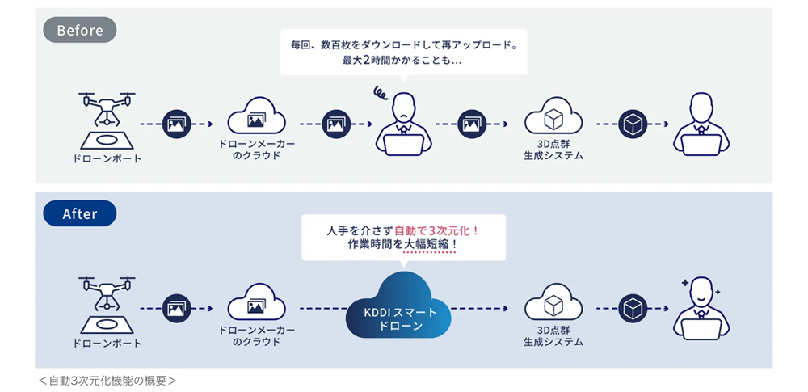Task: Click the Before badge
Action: (x=80, y=30)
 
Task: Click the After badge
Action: (x=80, y=213)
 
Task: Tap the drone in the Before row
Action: (x=107, y=109)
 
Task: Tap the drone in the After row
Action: (x=107, y=293)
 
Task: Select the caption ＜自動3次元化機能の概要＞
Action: (x=107, y=381)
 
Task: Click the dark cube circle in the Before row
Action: (x=632, y=124)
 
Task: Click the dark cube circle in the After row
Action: (x=632, y=309)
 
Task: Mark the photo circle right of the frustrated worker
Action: (x=472, y=124)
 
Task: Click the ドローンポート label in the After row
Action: (x=107, y=343)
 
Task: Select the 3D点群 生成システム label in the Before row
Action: (x=553, y=150)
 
